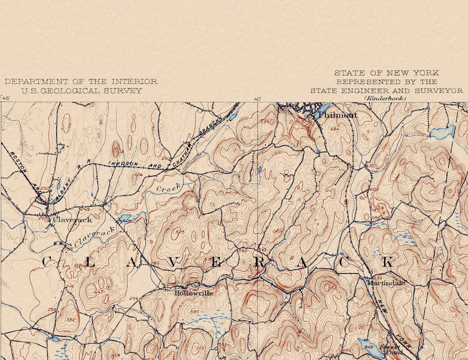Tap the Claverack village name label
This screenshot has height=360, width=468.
(72, 219)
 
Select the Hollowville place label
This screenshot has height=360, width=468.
(193, 293)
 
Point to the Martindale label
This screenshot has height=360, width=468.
(385, 282)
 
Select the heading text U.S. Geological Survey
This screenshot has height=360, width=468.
(81, 90)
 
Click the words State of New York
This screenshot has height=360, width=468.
(386, 72)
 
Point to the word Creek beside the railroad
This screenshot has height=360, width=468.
(168, 187)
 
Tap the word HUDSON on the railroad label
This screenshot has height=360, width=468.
(123, 162)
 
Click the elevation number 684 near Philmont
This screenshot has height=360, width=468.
(334, 129)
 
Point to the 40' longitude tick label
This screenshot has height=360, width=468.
(257, 98)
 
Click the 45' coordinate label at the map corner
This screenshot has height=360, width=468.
(6, 98)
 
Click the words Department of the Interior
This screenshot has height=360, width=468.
(81, 81)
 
